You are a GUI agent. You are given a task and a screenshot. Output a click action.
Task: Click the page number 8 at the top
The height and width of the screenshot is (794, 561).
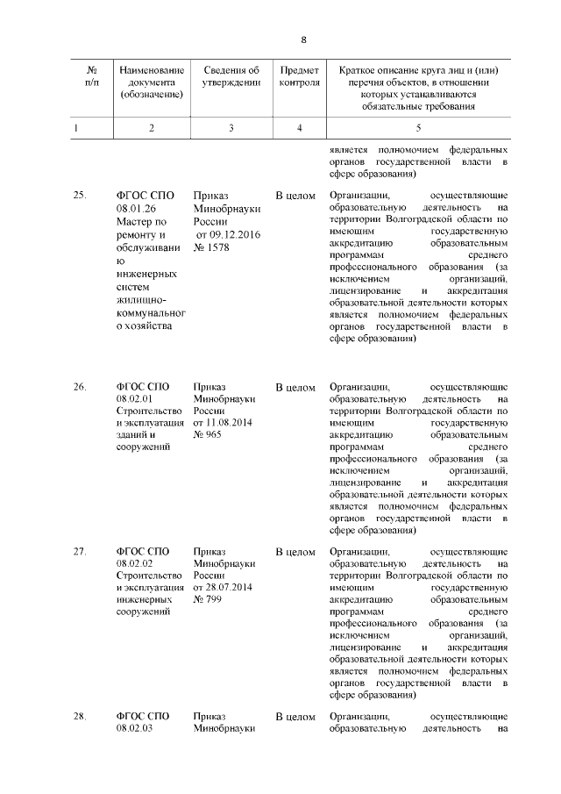click(x=303, y=40)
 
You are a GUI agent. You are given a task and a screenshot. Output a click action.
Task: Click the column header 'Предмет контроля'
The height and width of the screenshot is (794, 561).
click(x=299, y=76)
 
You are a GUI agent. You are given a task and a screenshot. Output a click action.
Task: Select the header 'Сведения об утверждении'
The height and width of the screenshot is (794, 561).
click(x=231, y=76)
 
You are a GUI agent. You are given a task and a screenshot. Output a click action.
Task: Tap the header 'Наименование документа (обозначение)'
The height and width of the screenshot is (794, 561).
click(x=152, y=82)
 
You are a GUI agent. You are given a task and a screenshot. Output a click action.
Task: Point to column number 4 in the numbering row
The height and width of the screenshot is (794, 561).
click(x=299, y=128)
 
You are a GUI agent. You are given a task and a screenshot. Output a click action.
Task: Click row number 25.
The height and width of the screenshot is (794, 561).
click(x=80, y=196)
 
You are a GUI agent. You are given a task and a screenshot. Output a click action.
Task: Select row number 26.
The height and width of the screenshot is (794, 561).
click(x=80, y=386)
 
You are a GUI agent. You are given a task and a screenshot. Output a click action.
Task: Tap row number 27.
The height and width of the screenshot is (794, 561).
click(x=80, y=552)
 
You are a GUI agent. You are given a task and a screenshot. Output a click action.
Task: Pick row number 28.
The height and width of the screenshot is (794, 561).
click(x=80, y=717)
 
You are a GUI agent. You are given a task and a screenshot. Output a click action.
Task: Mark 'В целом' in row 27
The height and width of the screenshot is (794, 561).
click(x=295, y=552)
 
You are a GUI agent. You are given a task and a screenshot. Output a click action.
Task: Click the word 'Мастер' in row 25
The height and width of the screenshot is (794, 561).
click(x=134, y=222)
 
